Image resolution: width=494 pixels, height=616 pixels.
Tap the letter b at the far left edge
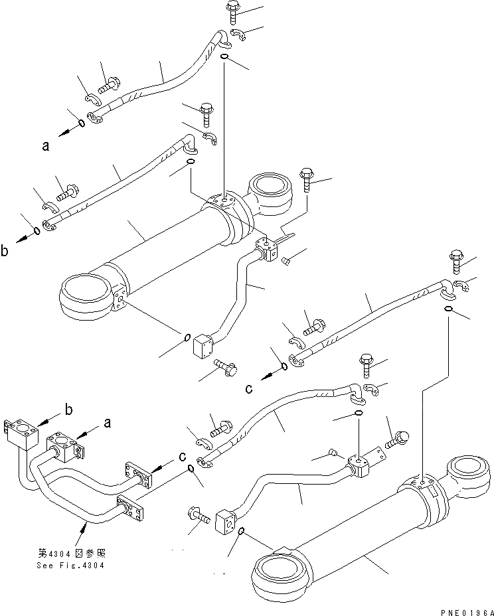5,251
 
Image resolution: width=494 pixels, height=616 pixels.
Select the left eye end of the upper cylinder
84,296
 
